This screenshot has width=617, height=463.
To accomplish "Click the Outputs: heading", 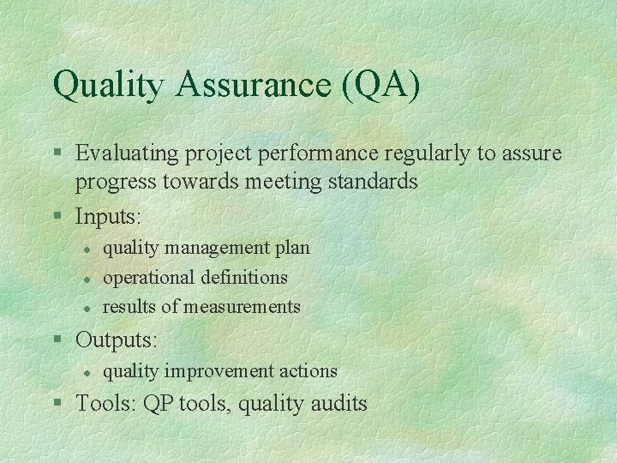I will click(x=117, y=340).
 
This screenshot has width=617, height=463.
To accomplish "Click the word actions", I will click(x=306, y=371).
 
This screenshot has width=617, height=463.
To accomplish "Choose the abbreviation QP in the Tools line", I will click(x=159, y=403).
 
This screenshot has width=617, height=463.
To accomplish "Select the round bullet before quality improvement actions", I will click(x=87, y=372).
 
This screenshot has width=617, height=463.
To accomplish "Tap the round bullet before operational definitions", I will click(x=87, y=279).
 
